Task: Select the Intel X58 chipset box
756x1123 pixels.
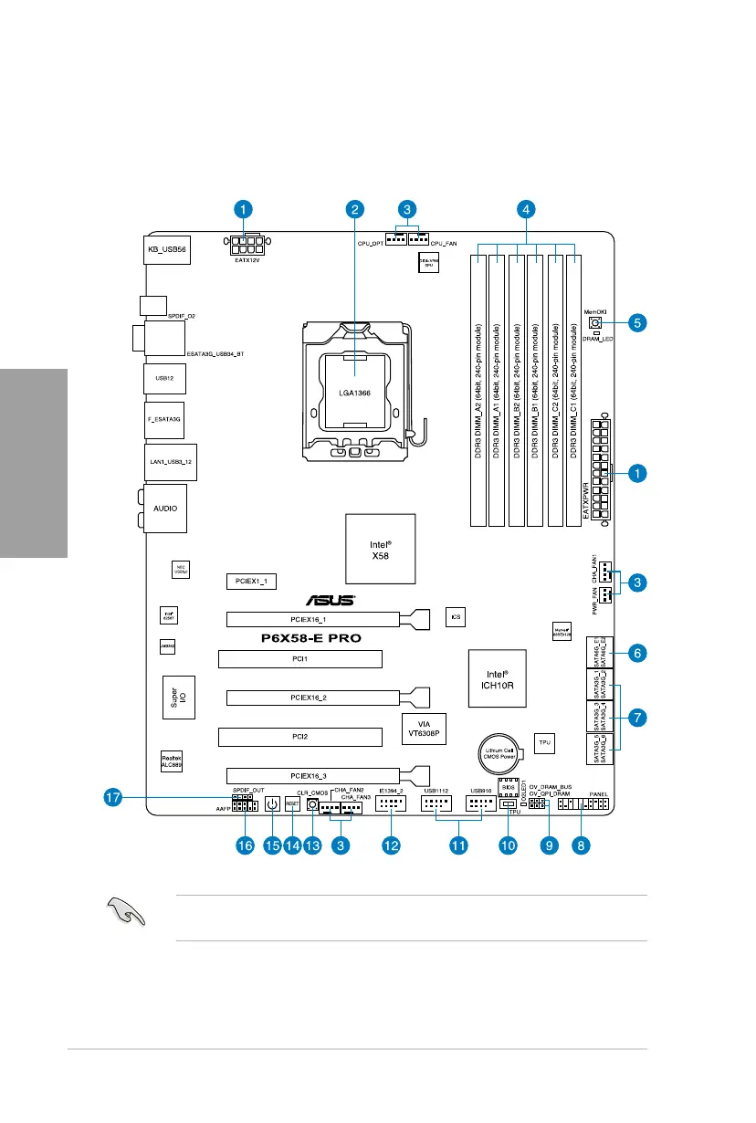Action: [379, 549]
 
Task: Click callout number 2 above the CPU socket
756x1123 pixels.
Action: [354, 209]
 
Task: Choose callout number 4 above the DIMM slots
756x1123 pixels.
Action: [525, 209]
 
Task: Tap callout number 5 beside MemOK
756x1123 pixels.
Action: [638, 321]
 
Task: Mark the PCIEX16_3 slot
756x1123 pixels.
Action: [312, 775]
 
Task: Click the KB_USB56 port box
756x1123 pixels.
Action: [166, 248]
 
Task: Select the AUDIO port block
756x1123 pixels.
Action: [165, 509]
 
